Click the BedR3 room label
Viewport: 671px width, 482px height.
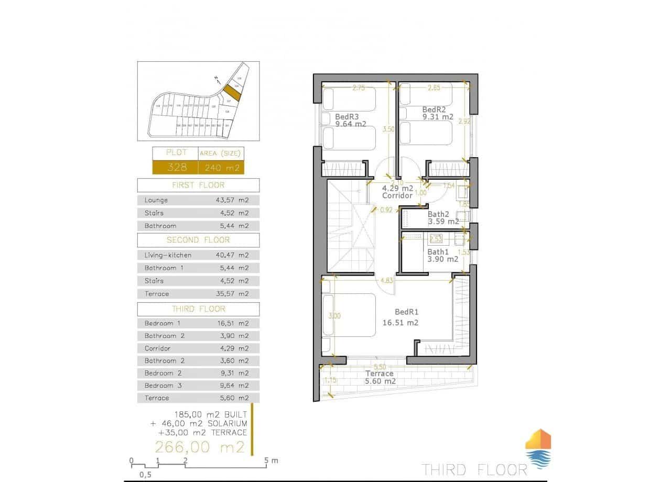[x=347, y=116]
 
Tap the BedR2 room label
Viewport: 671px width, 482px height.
[x=434, y=109]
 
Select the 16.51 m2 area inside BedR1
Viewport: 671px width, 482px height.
[x=401, y=323]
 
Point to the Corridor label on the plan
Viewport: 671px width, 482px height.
[x=397, y=195]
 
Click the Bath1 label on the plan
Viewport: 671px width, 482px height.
[x=438, y=251]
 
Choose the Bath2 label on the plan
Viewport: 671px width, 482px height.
[x=438, y=214]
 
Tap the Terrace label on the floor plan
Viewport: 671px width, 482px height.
[x=379, y=374]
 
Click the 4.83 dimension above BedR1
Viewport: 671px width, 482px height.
[x=386, y=280]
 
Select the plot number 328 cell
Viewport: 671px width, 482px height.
[x=176, y=168]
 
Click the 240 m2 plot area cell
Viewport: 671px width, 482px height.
[x=221, y=168]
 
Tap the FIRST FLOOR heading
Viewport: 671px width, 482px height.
[x=198, y=185]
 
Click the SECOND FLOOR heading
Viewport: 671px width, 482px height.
[x=198, y=240]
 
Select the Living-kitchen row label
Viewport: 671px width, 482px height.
[x=168, y=255]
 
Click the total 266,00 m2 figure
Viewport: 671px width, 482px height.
[x=200, y=447]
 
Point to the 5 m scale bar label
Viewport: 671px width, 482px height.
[x=272, y=461]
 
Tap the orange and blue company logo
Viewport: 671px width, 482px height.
[x=538, y=449]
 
